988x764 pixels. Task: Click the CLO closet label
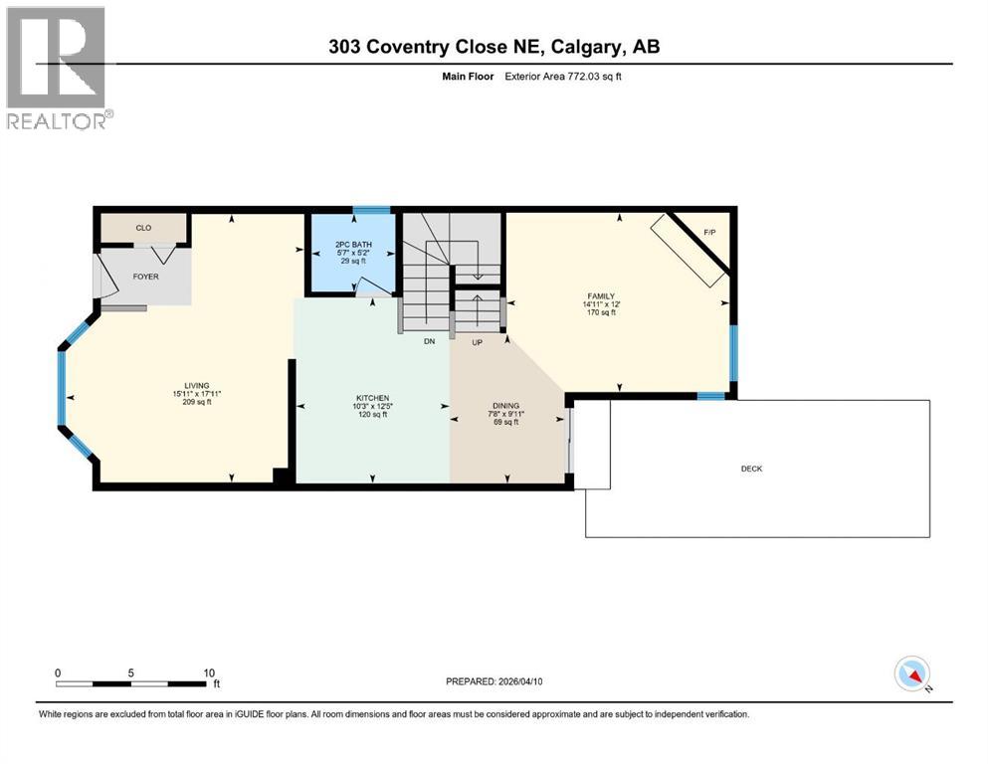[143, 228]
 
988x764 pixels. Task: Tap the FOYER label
[145, 276]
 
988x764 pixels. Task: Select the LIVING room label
[196, 385]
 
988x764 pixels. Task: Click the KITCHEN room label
[373, 397]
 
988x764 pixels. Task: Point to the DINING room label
[505, 406]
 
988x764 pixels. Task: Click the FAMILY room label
[599, 295]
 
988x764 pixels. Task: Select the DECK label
[751, 469]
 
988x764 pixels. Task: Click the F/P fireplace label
[709, 233]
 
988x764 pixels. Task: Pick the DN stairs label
[429, 340]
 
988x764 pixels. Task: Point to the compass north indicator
[911, 674]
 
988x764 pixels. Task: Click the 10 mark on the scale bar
[209, 672]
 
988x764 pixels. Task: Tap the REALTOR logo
[59, 69]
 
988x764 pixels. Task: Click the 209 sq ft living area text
[196, 402]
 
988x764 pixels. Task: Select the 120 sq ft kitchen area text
[373, 414]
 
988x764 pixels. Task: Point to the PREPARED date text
[494, 681]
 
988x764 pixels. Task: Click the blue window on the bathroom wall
[372, 210]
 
